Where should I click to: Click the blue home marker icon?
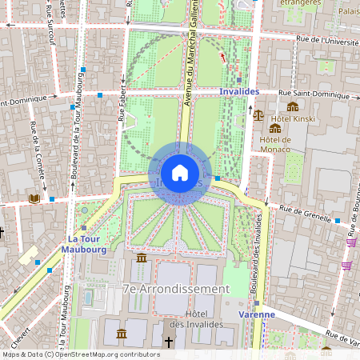pyautogui.click(x=180, y=173)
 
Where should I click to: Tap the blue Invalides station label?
pyautogui.click(x=238, y=92)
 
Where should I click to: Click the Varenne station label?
pyautogui.click(x=257, y=314)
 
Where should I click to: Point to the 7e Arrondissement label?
pyautogui.click(x=176, y=288)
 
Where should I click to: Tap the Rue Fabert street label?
pyautogui.click(x=122, y=108)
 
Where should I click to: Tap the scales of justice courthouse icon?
pyautogui.click(x=258, y=115)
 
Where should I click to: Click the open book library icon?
pyautogui.click(x=34, y=198)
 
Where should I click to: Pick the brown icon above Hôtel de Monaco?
pyautogui.click(x=275, y=128)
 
